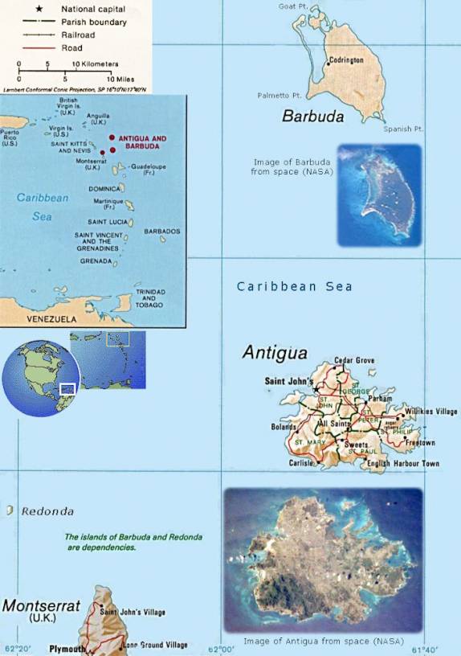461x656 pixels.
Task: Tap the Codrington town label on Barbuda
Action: [x=346, y=60]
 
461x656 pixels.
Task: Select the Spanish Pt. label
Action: [x=403, y=129]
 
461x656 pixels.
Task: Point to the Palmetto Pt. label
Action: [x=278, y=95]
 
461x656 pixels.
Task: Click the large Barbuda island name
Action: [x=312, y=117]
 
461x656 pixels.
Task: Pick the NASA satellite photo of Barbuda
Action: [x=379, y=195]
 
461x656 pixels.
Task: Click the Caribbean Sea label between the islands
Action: [x=294, y=286]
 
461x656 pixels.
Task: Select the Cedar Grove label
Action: [x=354, y=361]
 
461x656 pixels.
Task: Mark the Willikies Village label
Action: [x=430, y=412]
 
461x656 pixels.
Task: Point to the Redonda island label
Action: [x=47, y=511]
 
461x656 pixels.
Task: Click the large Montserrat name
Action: [x=41, y=605]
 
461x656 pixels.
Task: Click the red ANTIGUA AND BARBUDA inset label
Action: [x=142, y=143]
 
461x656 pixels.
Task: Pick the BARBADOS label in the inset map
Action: [x=161, y=231]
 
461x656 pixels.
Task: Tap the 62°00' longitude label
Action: [x=222, y=649]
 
